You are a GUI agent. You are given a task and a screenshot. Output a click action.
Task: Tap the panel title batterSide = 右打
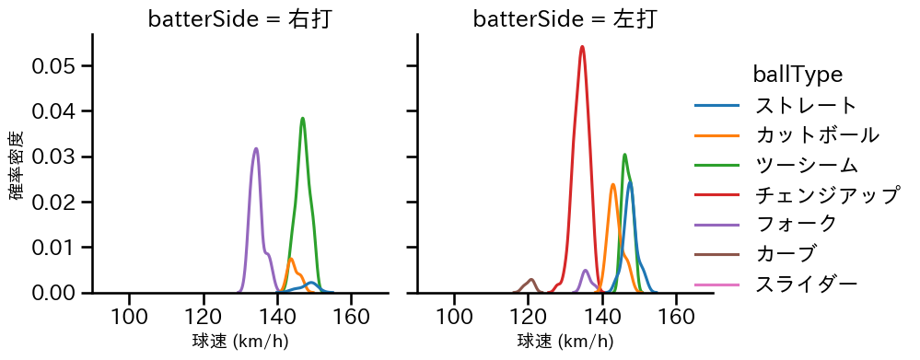239,18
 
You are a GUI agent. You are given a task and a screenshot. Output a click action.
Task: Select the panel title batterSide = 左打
565,18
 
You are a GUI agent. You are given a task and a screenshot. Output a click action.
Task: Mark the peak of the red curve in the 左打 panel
582,46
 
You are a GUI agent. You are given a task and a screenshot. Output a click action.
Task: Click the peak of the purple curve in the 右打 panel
256,148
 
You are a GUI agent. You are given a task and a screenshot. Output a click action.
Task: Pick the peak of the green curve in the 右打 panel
302,118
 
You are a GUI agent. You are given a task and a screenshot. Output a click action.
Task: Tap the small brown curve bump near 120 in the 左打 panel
531,279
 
